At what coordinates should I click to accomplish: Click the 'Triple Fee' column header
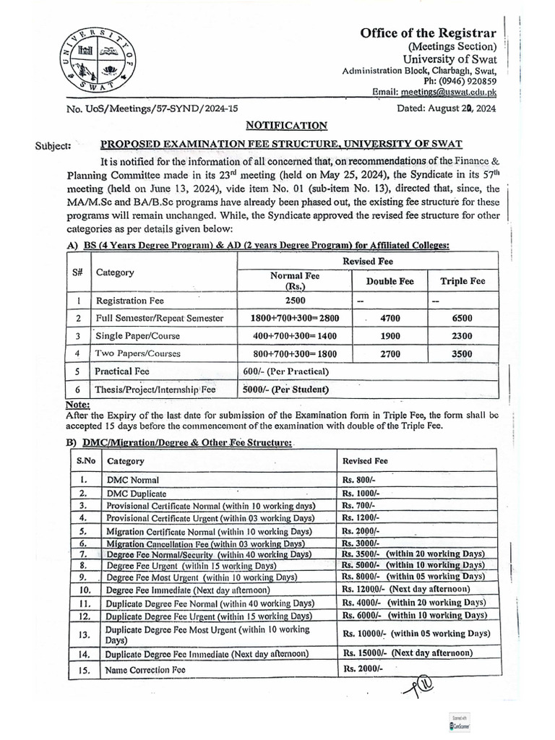462,281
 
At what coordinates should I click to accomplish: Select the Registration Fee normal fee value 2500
294,299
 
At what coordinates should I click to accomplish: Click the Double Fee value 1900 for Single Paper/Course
390,335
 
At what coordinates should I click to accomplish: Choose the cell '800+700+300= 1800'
294,353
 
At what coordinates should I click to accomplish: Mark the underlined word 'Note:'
77,405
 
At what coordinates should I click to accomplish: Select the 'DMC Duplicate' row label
137,493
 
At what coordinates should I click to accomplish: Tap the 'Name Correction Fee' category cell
145,670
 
